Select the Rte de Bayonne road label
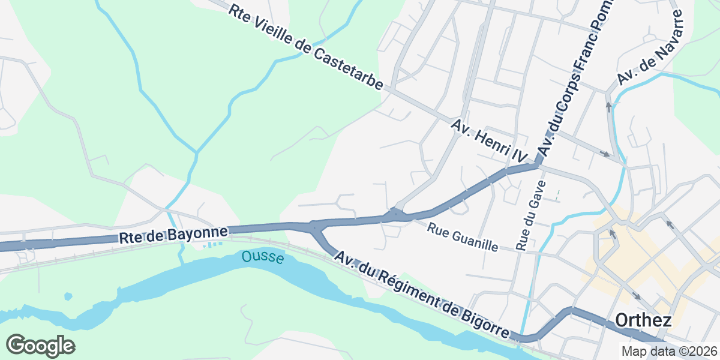point(173,235)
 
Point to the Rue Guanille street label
point(463,237)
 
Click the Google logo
point(40,346)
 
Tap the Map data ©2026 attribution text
point(669,352)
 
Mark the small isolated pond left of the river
point(68,296)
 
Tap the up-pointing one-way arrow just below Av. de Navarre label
point(608,107)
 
